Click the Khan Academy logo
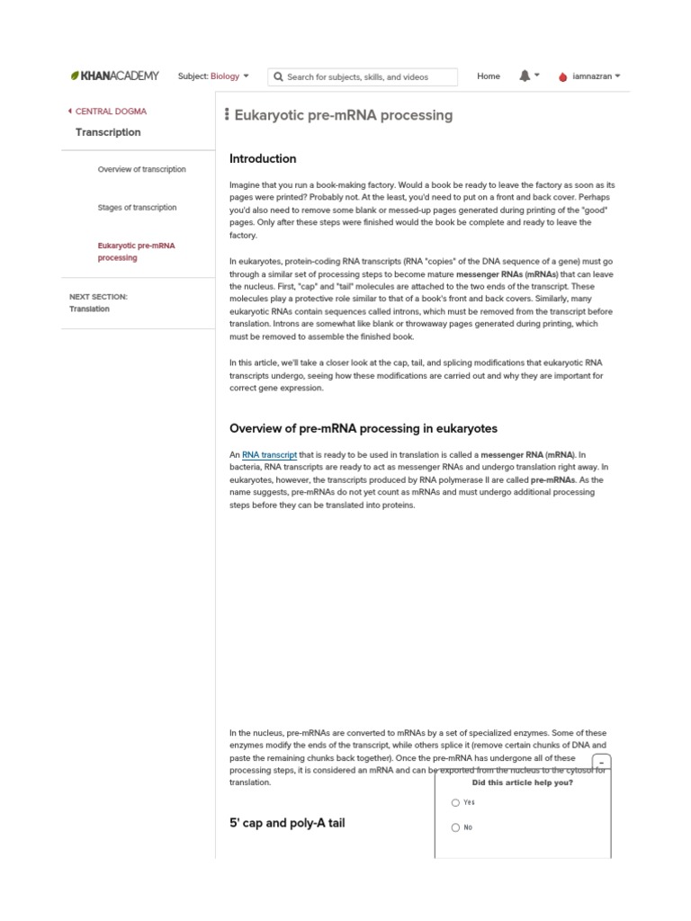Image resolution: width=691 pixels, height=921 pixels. [x=114, y=76]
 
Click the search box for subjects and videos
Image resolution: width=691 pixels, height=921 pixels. [x=364, y=77]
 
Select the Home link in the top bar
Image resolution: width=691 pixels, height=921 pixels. [x=489, y=76]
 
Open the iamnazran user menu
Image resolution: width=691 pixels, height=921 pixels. [x=589, y=76]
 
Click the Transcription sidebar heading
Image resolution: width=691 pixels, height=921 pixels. [x=108, y=132]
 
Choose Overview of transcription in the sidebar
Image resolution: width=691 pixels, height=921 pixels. [x=141, y=169]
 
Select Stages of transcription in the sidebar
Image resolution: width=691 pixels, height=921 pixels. [x=137, y=208]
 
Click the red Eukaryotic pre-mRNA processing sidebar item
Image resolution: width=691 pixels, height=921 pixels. [x=136, y=251]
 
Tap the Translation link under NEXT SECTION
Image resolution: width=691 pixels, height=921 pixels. [x=89, y=308]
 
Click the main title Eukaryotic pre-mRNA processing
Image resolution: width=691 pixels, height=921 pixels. [x=343, y=115]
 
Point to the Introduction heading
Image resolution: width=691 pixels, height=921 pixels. [x=263, y=159]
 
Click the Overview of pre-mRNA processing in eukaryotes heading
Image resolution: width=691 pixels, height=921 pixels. [x=363, y=428]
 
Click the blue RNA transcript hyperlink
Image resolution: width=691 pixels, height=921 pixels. [x=269, y=455]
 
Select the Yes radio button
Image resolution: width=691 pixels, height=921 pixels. [x=456, y=802]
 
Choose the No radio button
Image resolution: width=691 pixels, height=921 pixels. [x=456, y=827]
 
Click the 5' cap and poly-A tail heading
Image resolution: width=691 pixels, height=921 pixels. [x=287, y=823]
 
